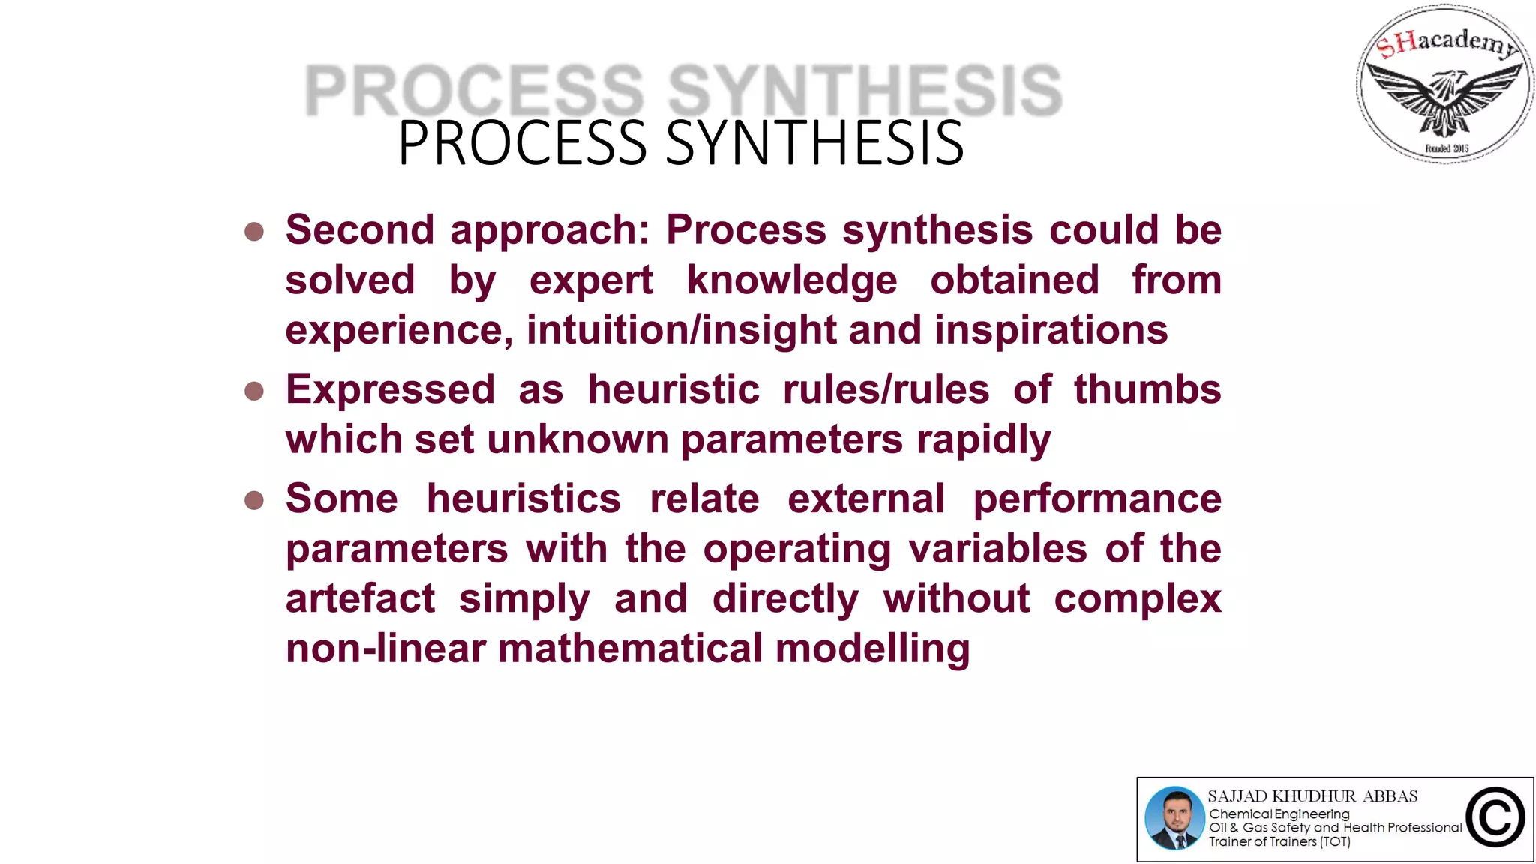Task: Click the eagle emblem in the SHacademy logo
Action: [x=1444, y=97]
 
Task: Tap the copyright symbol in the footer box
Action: [x=1495, y=818]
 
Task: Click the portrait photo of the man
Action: [x=1174, y=818]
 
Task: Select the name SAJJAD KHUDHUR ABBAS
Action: [x=1312, y=796]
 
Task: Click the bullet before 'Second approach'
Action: [x=254, y=231]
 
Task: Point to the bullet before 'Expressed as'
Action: [x=254, y=391]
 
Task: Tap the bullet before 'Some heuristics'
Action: [x=254, y=500]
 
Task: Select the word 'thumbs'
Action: [x=1147, y=390]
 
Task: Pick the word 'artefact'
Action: [x=360, y=599]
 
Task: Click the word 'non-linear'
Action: [x=385, y=649]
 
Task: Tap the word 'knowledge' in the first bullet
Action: [x=791, y=280]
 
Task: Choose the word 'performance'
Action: [x=1097, y=499]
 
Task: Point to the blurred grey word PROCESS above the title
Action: [x=474, y=91]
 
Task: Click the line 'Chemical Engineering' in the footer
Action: [x=1279, y=814]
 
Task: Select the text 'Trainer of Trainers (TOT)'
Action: [x=1279, y=842]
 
